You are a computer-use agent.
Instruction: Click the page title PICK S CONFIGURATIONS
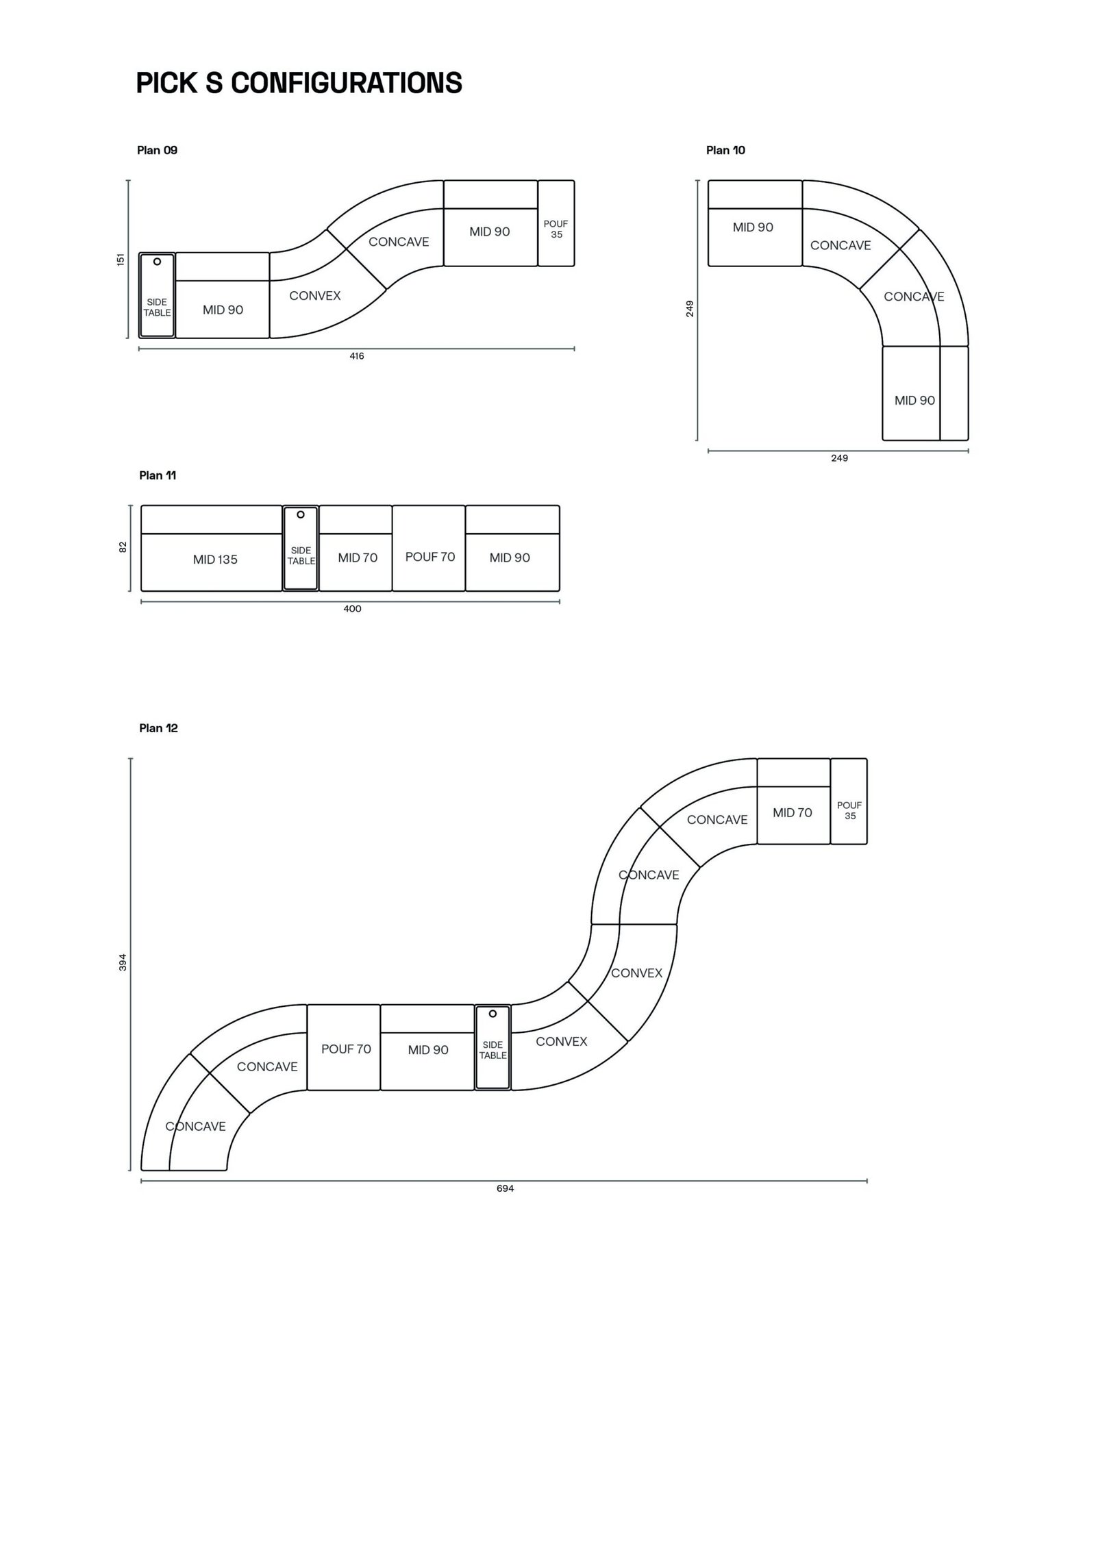(299, 83)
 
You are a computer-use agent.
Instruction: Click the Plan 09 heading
(157, 150)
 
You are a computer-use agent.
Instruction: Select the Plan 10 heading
(725, 150)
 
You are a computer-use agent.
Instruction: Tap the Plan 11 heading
(158, 475)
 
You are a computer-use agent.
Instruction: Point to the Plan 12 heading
(158, 728)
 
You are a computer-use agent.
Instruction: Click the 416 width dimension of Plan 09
(357, 356)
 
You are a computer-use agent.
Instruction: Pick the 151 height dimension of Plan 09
(121, 260)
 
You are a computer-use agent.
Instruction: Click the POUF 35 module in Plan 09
(556, 223)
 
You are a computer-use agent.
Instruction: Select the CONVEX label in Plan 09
(315, 296)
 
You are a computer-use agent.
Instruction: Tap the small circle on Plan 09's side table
(157, 261)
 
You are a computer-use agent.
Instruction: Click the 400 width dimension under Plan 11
(352, 609)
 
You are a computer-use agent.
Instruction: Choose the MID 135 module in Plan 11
(212, 548)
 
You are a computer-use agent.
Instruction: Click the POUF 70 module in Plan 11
(429, 548)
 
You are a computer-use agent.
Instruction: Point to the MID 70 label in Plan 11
(358, 558)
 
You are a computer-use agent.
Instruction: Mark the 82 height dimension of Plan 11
(123, 547)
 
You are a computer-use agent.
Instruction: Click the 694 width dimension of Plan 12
(506, 1188)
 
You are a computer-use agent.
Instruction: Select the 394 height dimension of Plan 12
(123, 962)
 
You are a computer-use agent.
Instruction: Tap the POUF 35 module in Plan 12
(849, 801)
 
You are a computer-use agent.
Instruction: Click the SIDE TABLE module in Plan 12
(493, 1047)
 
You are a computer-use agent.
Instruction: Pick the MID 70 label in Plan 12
(793, 813)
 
